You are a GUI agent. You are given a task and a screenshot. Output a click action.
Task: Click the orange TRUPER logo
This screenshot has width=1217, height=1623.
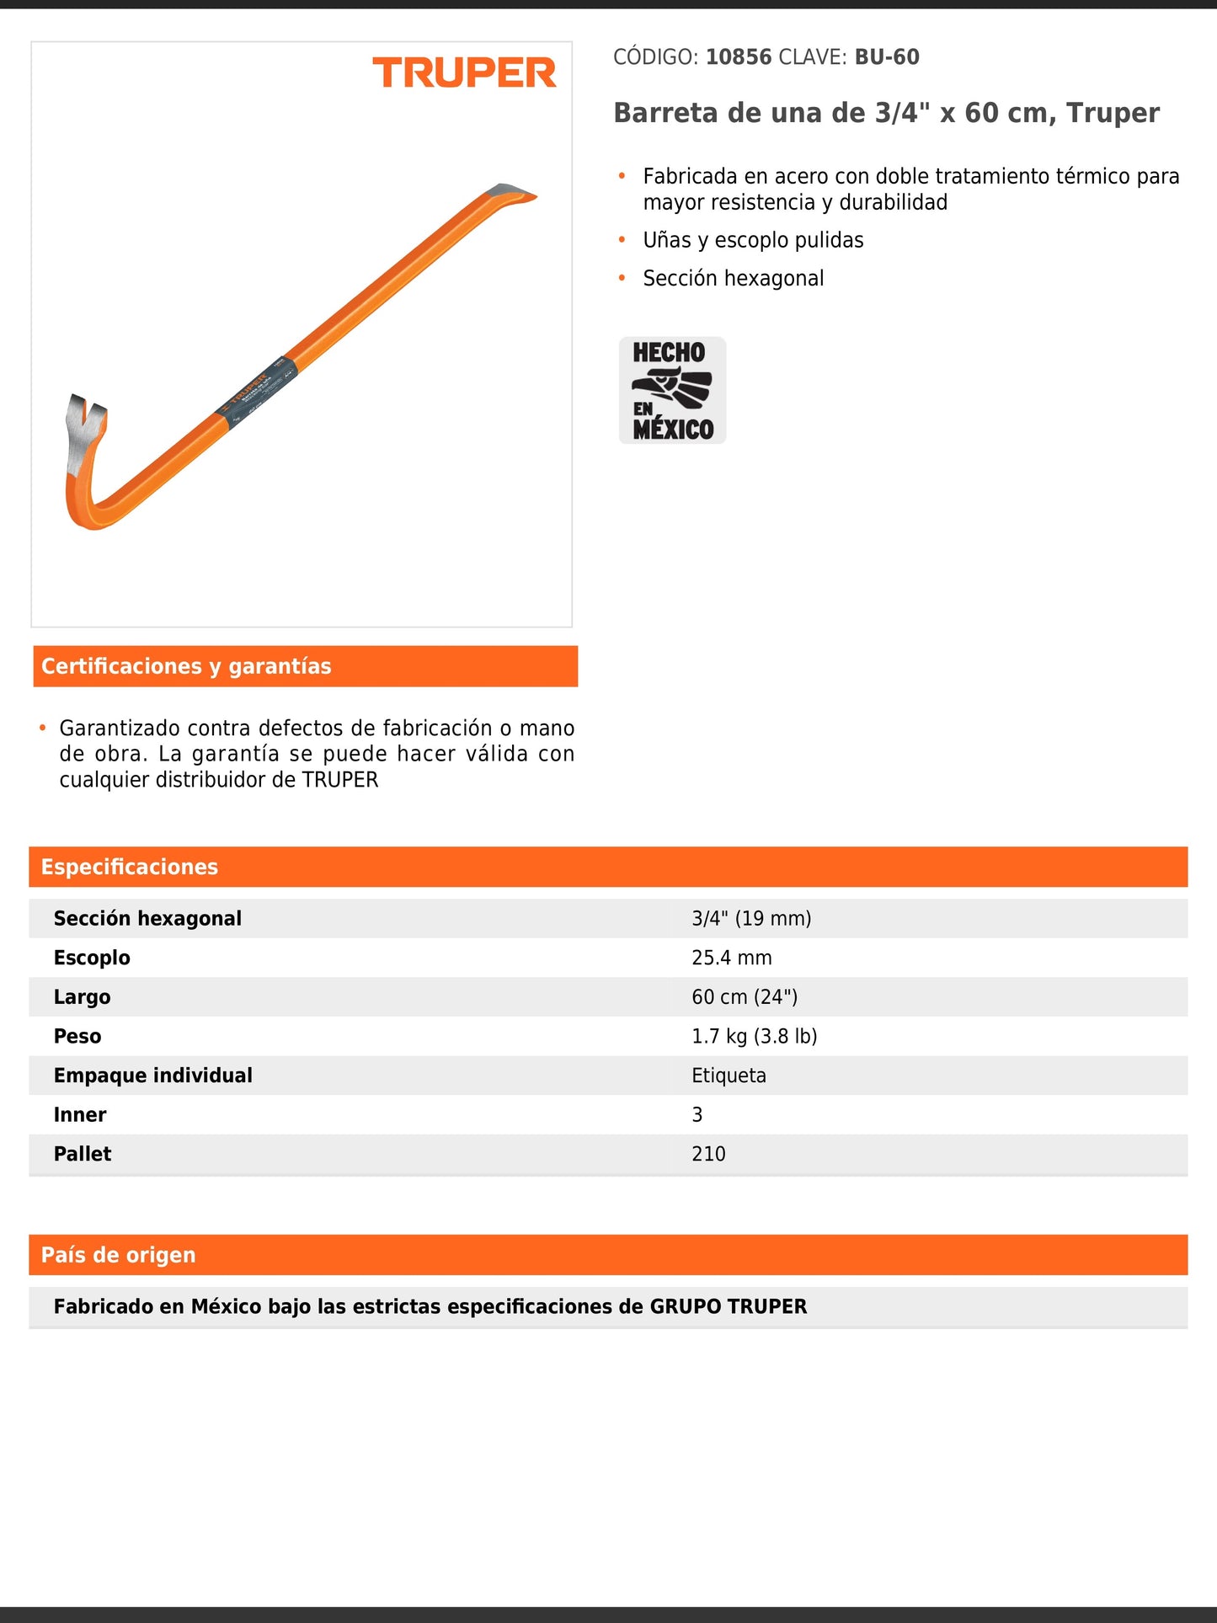[464, 73]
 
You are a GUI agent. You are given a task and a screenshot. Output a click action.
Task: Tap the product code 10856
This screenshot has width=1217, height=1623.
[739, 57]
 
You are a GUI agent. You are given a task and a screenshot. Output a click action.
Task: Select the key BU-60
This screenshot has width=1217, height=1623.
[887, 57]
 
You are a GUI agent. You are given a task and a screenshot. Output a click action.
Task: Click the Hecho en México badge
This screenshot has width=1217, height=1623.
[672, 390]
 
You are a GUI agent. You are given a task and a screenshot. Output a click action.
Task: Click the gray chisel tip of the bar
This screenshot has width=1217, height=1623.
[510, 191]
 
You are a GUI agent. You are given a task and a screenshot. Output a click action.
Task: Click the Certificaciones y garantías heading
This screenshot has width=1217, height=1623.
[186, 666]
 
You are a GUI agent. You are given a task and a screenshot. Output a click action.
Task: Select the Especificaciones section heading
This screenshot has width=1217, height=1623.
[130, 867]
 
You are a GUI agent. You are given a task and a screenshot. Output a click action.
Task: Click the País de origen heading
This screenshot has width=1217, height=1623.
[118, 1255]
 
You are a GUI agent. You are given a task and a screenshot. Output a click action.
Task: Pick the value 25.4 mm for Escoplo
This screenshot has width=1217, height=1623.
[731, 958]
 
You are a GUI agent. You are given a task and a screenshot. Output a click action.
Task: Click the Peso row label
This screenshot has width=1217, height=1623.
[77, 1036]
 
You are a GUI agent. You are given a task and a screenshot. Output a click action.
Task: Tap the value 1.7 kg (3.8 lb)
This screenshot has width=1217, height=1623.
[754, 1036]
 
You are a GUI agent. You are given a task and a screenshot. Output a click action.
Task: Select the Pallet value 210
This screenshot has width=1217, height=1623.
[708, 1154]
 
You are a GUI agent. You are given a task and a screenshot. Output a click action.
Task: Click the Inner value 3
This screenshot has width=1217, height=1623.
[697, 1114]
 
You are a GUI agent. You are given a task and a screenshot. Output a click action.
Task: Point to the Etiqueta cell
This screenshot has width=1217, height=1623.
[729, 1076]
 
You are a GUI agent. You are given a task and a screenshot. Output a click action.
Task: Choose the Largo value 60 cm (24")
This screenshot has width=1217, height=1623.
[745, 997]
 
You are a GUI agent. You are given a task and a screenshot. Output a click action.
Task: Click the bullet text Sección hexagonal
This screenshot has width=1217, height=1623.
[733, 278]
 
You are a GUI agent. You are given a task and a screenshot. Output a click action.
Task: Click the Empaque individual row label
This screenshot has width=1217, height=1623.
[152, 1076]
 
